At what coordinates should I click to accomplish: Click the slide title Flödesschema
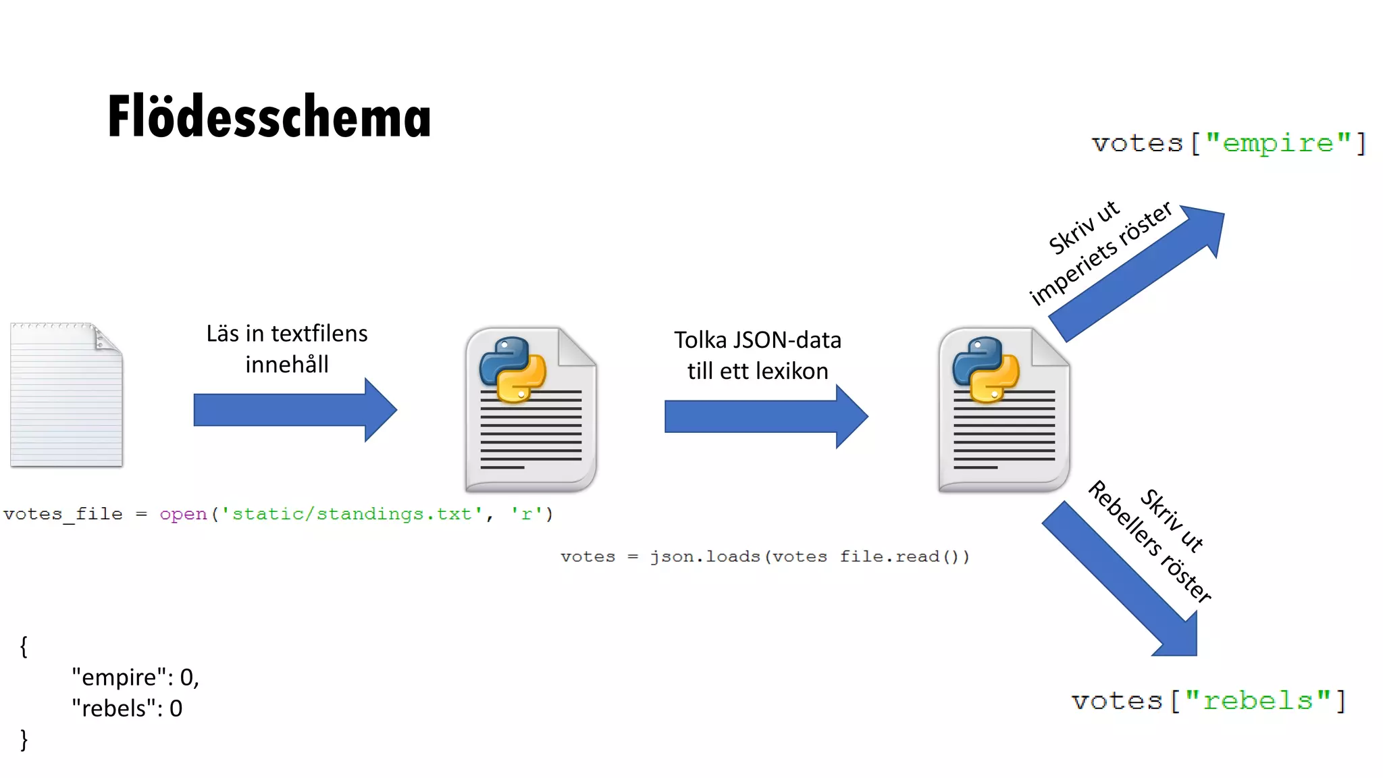(x=269, y=116)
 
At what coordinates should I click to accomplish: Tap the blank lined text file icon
(x=66, y=395)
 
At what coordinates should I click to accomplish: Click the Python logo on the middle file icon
(x=512, y=369)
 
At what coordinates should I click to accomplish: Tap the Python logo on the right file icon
(x=985, y=369)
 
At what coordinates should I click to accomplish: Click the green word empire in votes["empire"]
(x=1278, y=143)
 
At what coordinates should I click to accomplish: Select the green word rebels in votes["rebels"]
(x=1257, y=701)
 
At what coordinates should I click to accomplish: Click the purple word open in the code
(x=183, y=514)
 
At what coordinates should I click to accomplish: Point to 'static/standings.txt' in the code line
(x=352, y=514)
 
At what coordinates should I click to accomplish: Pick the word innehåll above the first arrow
(x=287, y=365)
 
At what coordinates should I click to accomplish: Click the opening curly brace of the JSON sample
(x=24, y=646)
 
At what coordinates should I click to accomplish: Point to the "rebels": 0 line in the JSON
(x=127, y=708)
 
